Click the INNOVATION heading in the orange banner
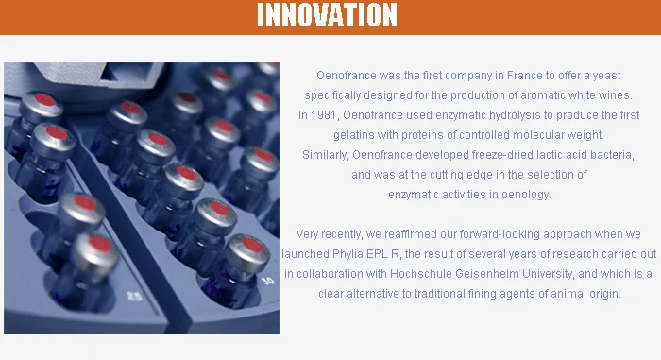pyautogui.click(x=327, y=15)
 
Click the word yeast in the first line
pyautogui.click(x=606, y=76)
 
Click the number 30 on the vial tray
pyautogui.click(x=267, y=281)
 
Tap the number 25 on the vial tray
pyautogui.click(x=134, y=296)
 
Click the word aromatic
pyautogui.click(x=542, y=95)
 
